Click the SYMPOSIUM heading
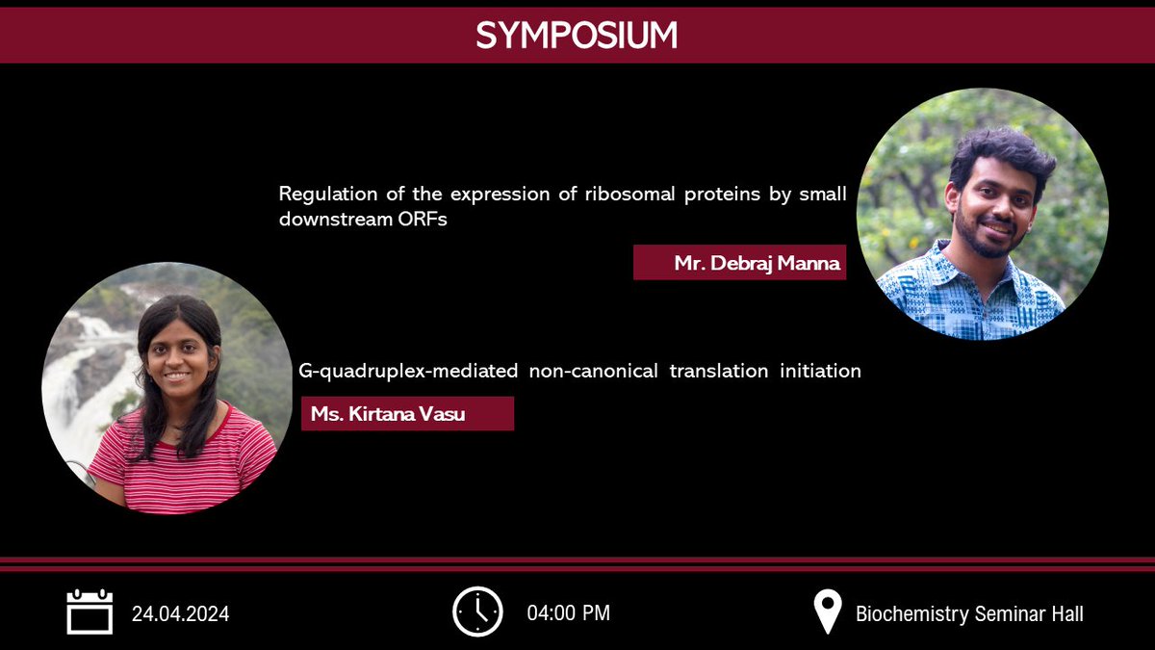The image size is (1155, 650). (577, 36)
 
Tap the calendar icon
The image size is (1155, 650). (90, 612)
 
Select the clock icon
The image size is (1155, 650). (477, 611)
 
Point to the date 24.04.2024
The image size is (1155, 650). (180, 613)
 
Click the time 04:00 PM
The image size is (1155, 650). (568, 613)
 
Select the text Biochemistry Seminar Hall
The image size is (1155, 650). (969, 613)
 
